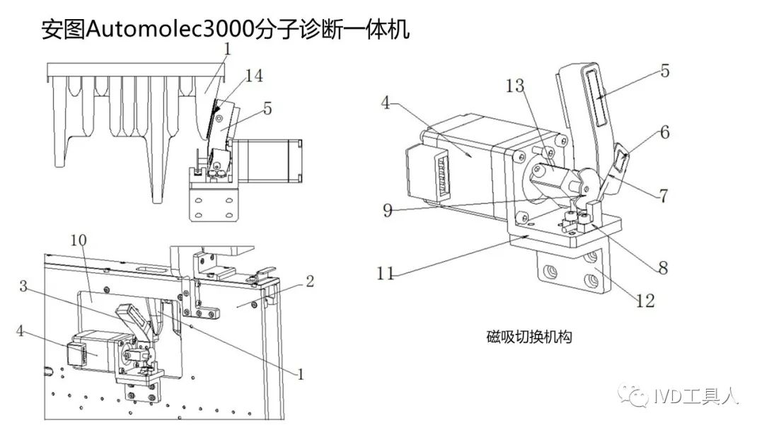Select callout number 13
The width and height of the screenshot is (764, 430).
(516, 86)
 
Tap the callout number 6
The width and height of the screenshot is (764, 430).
(663, 132)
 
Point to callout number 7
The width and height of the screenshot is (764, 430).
(663, 196)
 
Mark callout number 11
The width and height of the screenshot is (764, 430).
(386, 272)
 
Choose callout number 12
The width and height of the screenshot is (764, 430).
(644, 300)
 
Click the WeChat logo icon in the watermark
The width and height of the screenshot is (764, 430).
(632, 396)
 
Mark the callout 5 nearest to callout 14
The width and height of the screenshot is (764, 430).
(267, 109)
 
